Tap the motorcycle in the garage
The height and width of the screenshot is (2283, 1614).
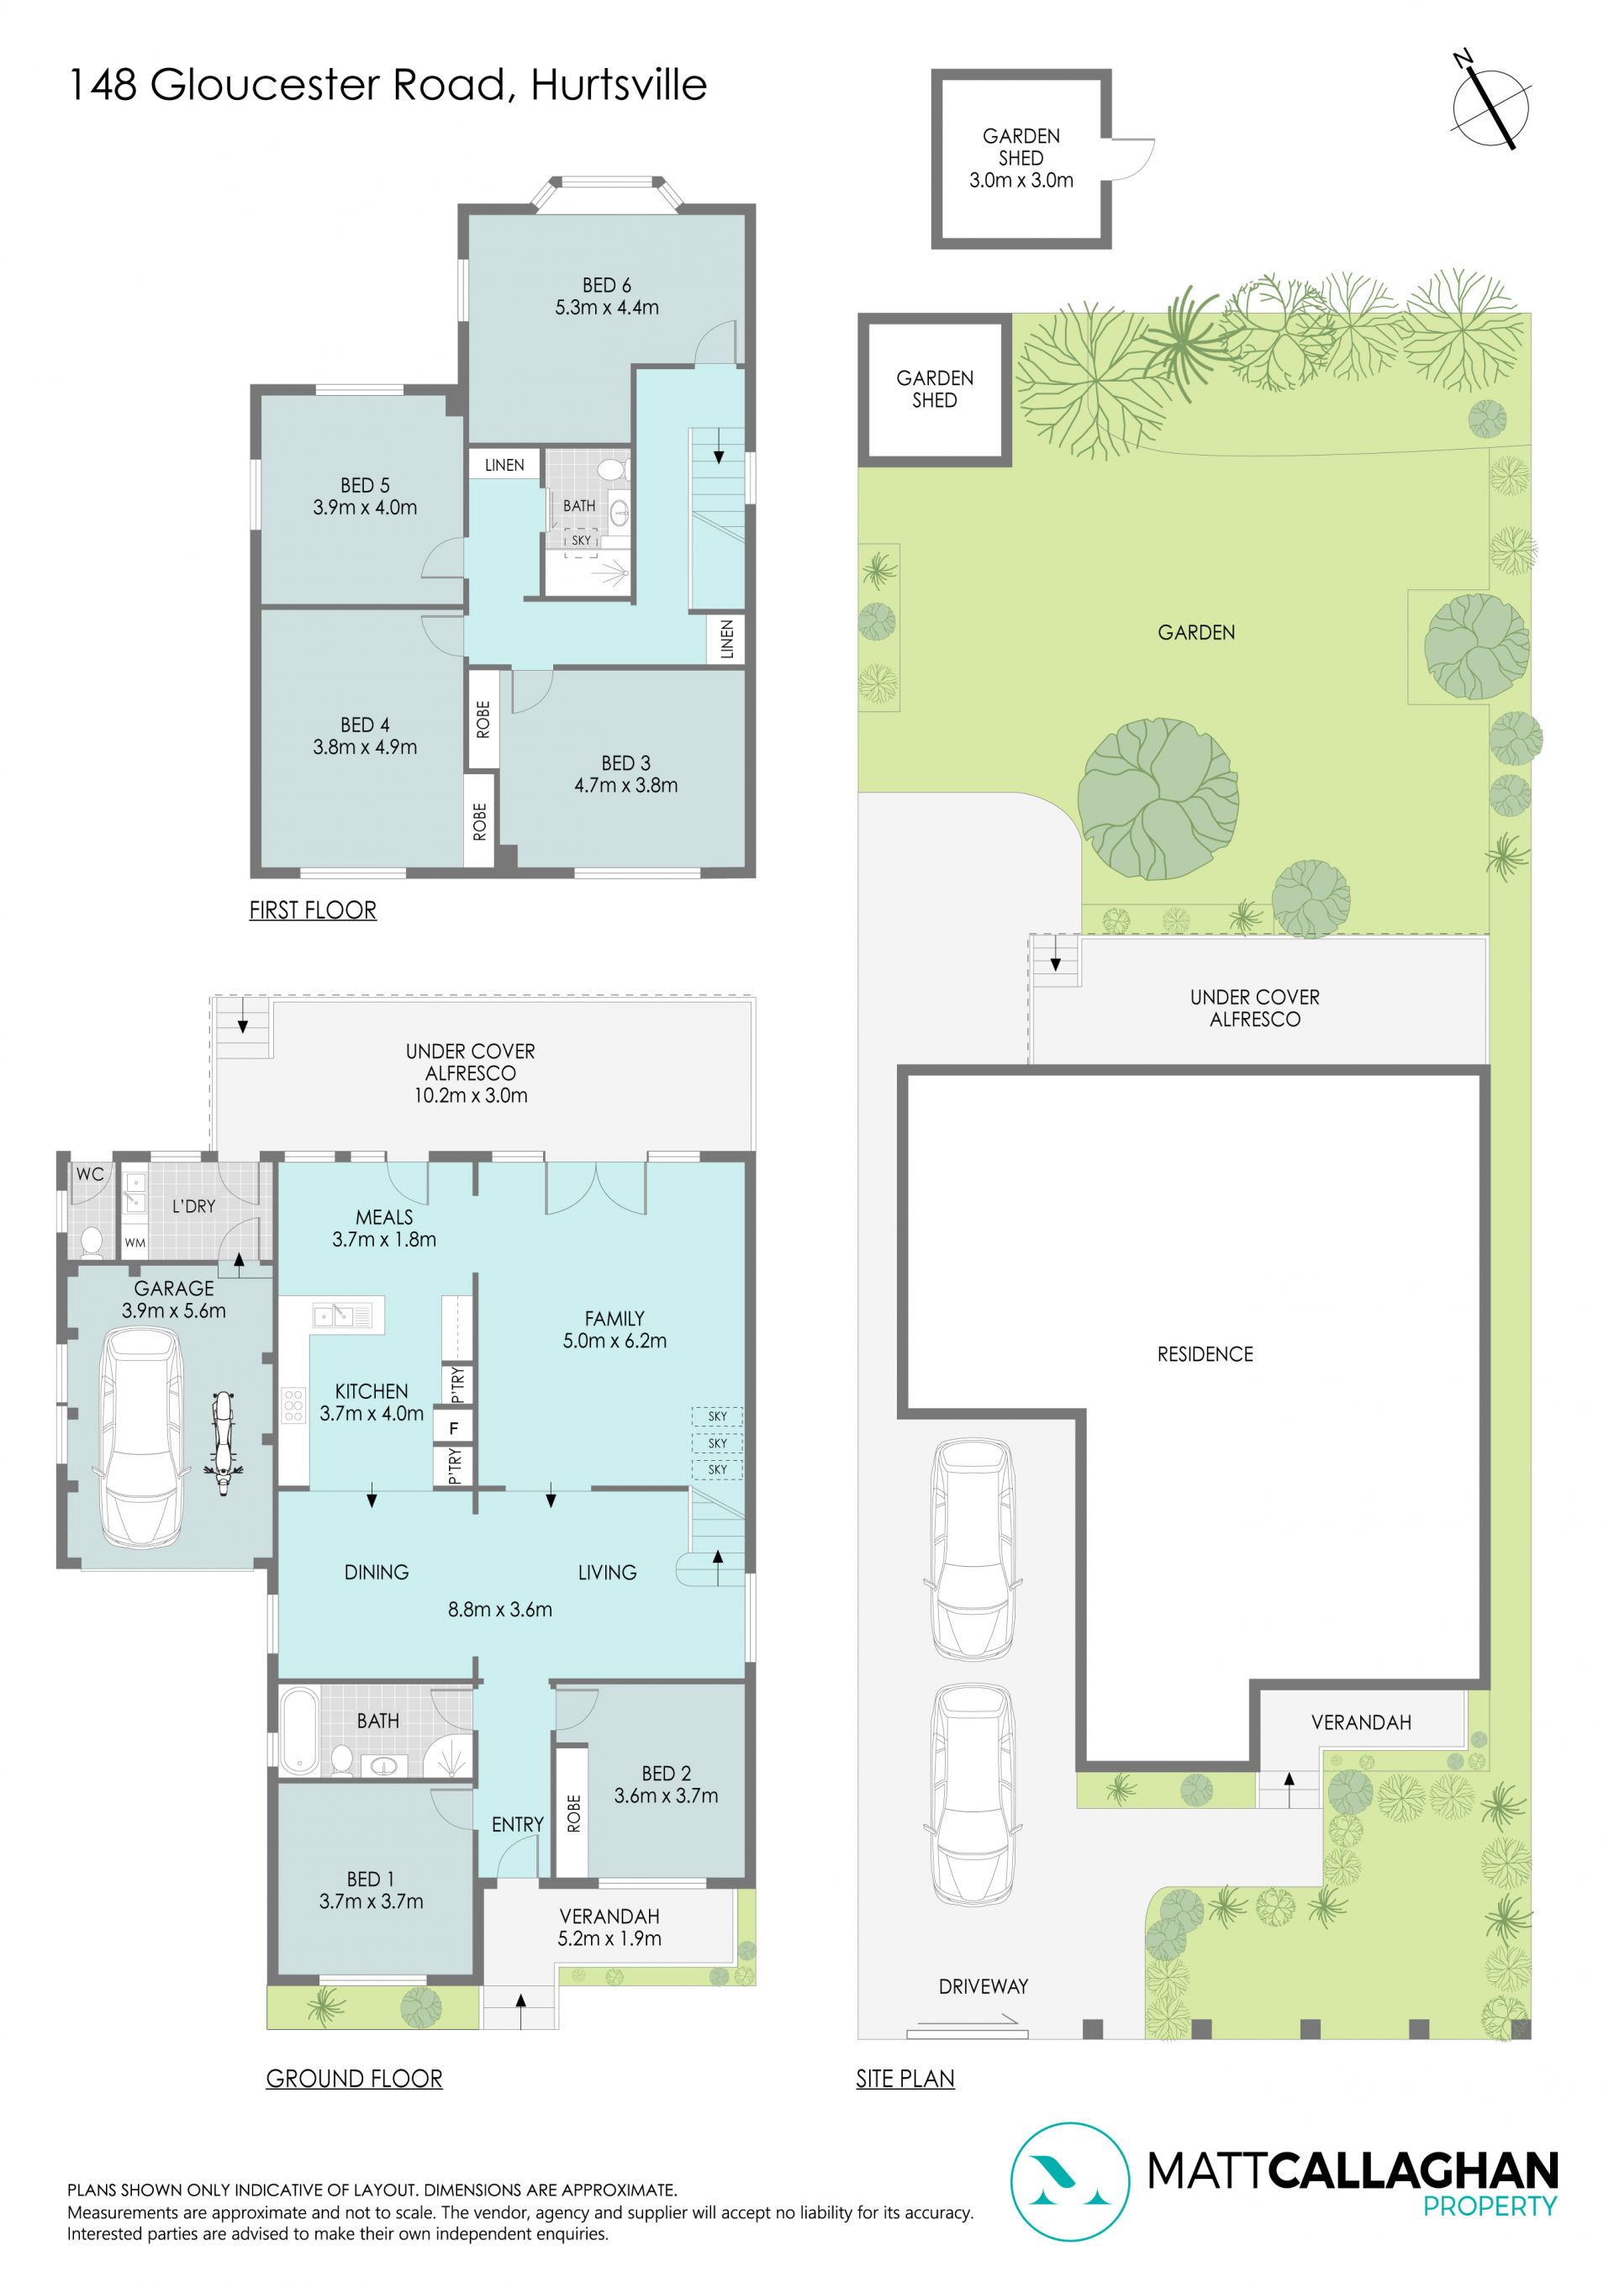pyautogui.click(x=224, y=1431)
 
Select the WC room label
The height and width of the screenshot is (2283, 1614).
pyautogui.click(x=89, y=1174)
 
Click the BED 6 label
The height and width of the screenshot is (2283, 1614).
pyautogui.click(x=607, y=286)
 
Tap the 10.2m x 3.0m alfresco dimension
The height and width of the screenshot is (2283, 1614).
pyautogui.click(x=471, y=1096)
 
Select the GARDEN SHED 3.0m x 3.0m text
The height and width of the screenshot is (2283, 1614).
pyautogui.click(x=1021, y=158)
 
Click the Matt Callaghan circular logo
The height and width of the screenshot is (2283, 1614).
pyautogui.click(x=1070, y=2183)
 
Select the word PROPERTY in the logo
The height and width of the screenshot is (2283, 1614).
pyautogui.click(x=1490, y=2207)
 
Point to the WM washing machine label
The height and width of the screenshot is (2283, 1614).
pyautogui.click(x=135, y=1243)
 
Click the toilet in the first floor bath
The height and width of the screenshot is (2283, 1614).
pyautogui.click(x=613, y=469)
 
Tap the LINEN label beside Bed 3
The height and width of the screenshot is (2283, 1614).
pyautogui.click(x=727, y=638)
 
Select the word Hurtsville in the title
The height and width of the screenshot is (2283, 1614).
pyautogui.click(x=619, y=85)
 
